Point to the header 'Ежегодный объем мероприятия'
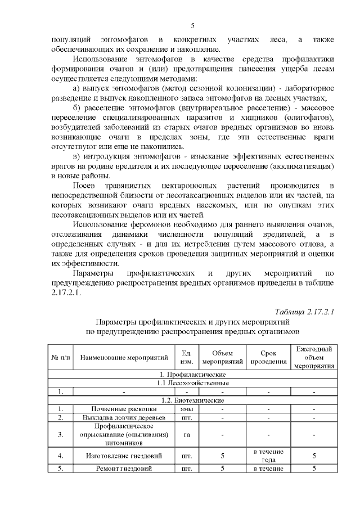point(314,357)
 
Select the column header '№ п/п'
point(60,357)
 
